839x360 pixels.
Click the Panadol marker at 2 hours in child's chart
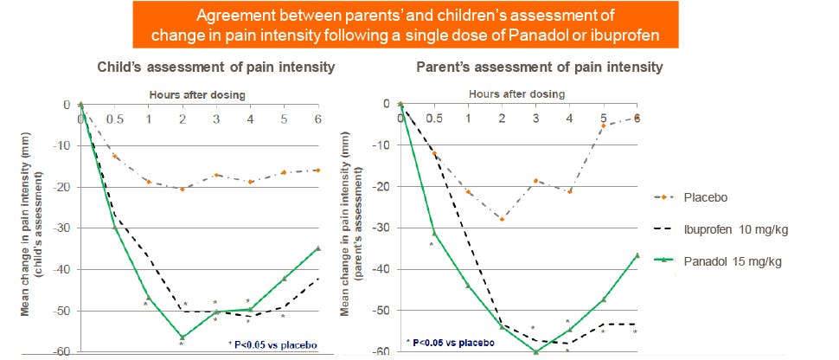coord(182,337)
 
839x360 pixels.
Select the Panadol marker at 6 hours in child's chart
coord(317,248)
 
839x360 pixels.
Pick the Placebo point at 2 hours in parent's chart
coord(502,219)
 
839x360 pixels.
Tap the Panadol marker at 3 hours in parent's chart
coord(535,351)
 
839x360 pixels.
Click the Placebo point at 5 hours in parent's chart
coord(604,125)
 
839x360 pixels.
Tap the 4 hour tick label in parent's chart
coord(569,118)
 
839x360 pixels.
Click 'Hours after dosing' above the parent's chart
coord(517,93)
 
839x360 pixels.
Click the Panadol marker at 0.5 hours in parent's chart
coord(434,232)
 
